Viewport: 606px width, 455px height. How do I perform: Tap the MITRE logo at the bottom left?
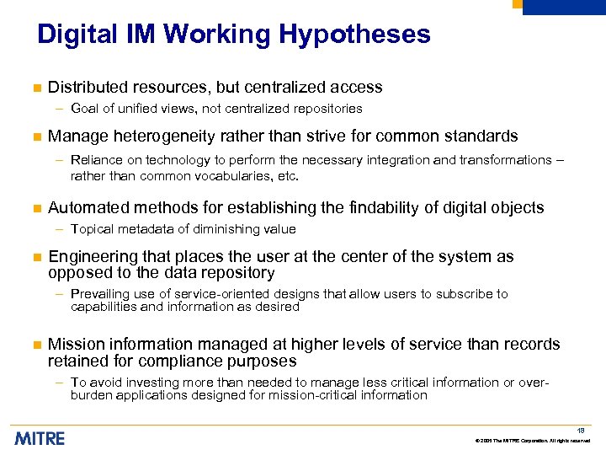[40, 438]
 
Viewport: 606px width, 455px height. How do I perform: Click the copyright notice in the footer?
[533, 442]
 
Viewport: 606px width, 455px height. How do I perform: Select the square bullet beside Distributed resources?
[35, 88]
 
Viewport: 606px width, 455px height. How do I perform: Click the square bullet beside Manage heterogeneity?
[35, 136]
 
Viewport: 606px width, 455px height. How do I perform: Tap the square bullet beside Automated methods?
[35, 208]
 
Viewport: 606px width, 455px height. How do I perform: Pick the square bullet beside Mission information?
[35, 345]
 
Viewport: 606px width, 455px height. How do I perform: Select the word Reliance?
[96, 160]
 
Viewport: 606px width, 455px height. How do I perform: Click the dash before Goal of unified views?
[60, 109]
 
